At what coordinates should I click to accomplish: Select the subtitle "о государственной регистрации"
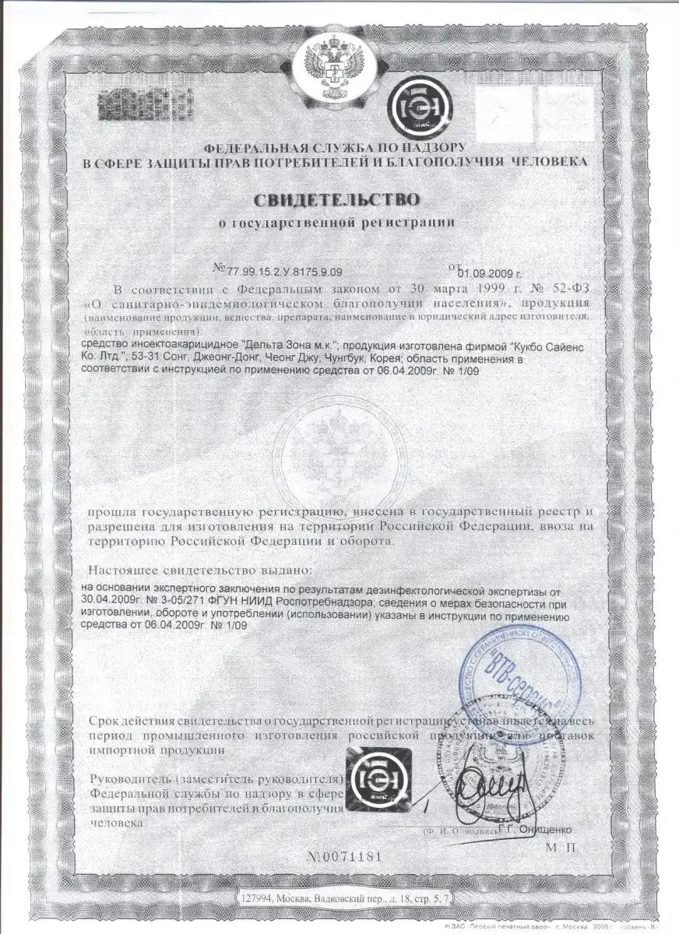point(339,223)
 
